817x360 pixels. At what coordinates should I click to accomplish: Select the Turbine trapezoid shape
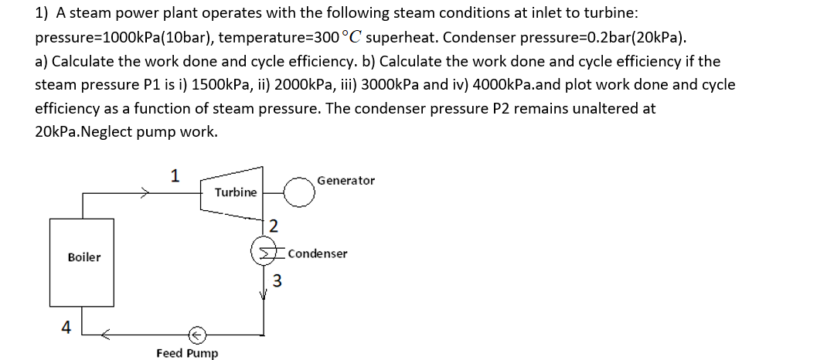tap(235, 192)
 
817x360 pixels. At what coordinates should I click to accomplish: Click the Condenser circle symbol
tap(266, 253)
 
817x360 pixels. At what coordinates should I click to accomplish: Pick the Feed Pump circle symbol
tap(198, 335)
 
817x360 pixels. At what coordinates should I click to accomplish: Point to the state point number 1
tap(175, 175)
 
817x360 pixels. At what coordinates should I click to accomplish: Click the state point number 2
tap(273, 226)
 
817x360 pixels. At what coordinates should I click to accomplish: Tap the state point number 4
tap(66, 327)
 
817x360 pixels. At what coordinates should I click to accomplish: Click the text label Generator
tap(346, 181)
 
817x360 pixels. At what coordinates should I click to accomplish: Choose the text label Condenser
tap(318, 253)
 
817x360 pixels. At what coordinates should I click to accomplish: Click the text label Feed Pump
tap(187, 353)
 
